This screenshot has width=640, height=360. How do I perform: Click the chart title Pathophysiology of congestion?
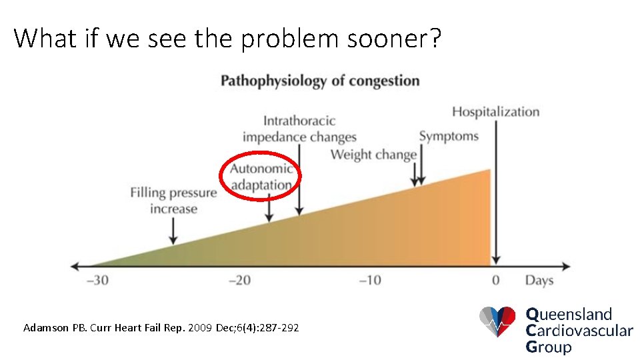click(x=320, y=81)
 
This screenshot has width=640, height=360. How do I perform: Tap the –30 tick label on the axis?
click(x=98, y=280)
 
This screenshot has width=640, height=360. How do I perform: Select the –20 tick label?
click(x=239, y=280)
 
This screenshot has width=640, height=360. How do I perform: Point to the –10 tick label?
click(x=370, y=280)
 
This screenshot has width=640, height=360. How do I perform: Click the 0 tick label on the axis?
click(x=495, y=280)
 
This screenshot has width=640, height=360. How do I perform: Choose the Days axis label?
click(x=539, y=280)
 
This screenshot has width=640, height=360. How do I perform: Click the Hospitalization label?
click(x=495, y=111)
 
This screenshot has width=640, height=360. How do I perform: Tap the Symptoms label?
click(x=449, y=136)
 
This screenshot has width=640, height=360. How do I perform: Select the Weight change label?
click(x=373, y=155)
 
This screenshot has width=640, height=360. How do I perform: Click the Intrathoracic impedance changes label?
click(x=299, y=129)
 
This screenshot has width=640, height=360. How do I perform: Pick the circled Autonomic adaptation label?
click(x=261, y=176)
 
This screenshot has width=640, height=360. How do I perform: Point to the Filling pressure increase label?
click(x=173, y=201)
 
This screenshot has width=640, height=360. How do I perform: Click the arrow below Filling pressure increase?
click(x=173, y=231)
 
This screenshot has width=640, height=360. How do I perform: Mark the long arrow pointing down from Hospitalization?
click(x=495, y=193)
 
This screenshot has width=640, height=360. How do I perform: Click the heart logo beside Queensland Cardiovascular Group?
click(x=497, y=321)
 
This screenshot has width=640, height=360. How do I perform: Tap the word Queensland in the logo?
click(x=569, y=314)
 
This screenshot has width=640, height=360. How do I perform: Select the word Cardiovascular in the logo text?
click(x=579, y=330)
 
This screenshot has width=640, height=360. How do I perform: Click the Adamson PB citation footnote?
click(x=161, y=327)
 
